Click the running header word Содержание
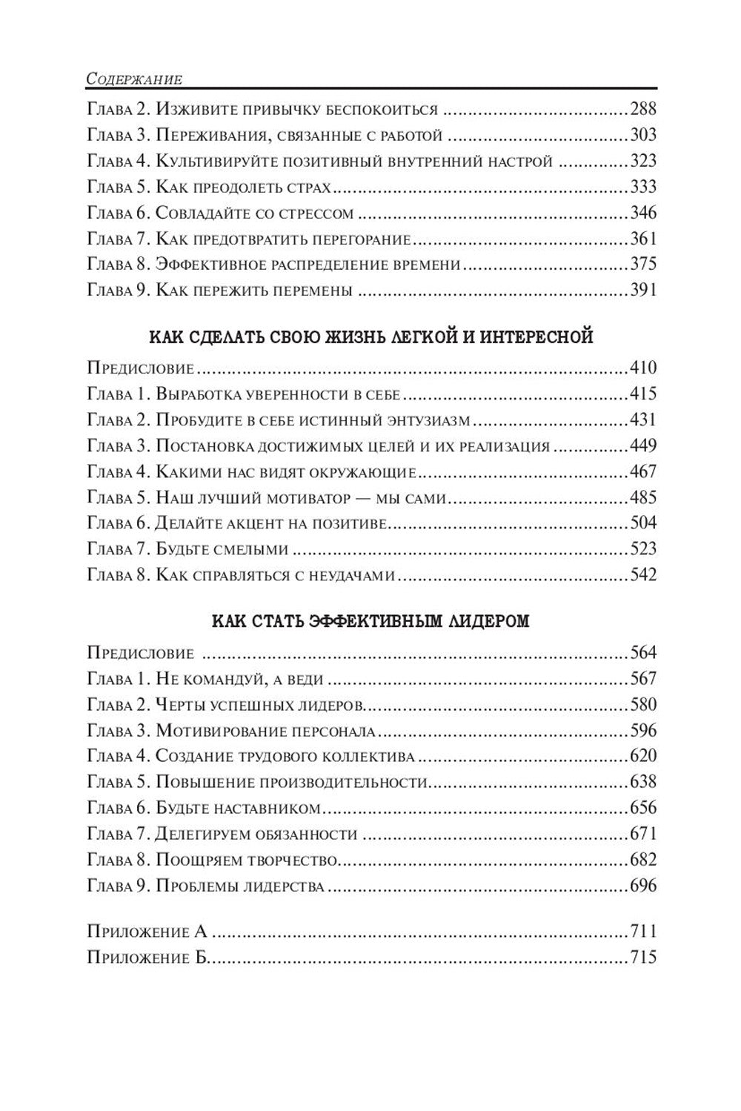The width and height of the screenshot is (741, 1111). pos(134,77)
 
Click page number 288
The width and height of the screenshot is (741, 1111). pos(642,110)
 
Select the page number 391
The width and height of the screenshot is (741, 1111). pos(642,290)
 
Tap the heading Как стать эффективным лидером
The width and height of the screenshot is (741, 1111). pos(370,621)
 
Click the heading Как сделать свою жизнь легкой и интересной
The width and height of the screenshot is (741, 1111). pos(371,337)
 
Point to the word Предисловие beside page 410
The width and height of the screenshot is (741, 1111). pos(140,368)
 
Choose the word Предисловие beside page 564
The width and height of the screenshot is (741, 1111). pos(140,653)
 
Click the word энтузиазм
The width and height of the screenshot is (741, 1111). pos(428,419)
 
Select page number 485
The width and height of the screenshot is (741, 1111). pos(642,497)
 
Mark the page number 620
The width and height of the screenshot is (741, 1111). pos(642,756)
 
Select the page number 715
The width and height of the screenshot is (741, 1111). pos(642,957)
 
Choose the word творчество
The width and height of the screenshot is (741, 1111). pos(296,860)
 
